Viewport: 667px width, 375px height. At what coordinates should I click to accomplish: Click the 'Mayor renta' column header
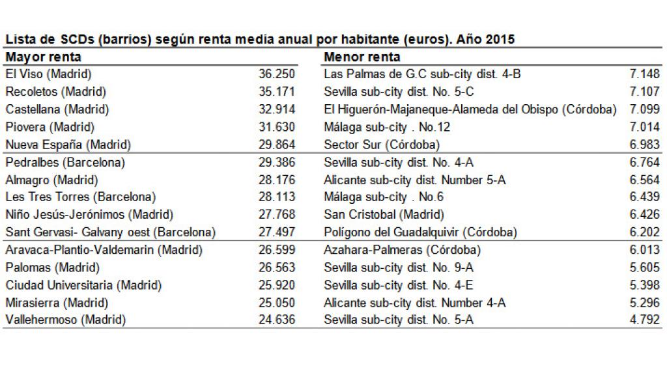click(x=44, y=57)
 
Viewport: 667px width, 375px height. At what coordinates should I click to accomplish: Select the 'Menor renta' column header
click(x=362, y=57)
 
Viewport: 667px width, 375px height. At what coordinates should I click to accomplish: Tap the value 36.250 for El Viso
click(x=277, y=74)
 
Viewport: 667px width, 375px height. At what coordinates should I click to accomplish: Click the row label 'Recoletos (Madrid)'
click(x=55, y=92)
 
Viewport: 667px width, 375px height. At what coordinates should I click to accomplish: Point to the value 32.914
click(x=277, y=109)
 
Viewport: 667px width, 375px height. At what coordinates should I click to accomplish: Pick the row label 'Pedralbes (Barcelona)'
click(x=65, y=162)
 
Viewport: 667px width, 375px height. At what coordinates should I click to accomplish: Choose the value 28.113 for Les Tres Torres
click(x=277, y=197)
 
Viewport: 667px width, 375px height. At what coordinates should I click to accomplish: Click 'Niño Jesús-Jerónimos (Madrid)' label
click(x=89, y=214)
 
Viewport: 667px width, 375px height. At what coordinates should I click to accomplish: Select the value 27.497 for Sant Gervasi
click(x=277, y=232)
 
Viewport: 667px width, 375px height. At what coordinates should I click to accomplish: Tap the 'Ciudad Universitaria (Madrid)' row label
click(x=83, y=285)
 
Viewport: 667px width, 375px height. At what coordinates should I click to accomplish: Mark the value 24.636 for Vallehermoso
click(x=277, y=320)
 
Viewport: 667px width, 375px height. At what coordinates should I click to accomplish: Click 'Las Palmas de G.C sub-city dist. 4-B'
click(x=422, y=74)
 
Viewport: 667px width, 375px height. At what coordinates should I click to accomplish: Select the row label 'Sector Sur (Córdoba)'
click(x=382, y=145)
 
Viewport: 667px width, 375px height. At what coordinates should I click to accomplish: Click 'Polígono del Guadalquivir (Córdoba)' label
click(x=420, y=232)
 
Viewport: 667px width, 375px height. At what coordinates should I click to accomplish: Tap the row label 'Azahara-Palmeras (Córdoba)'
click(x=402, y=249)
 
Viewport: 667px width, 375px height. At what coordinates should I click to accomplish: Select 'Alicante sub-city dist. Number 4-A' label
click(x=415, y=302)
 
